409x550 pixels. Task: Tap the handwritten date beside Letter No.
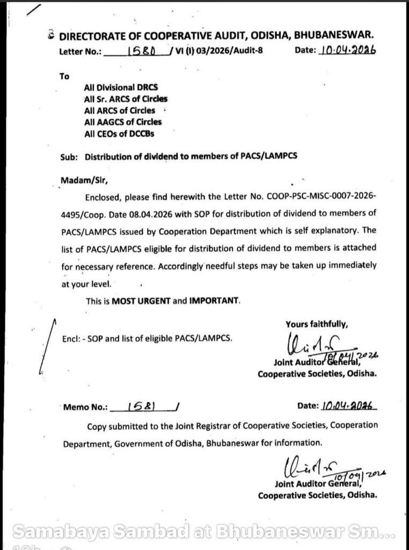click(x=347, y=50)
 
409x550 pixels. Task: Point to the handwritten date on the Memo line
click(x=348, y=406)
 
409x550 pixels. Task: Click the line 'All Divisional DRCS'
click(x=121, y=87)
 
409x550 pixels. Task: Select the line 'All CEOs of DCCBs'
click(x=119, y=134)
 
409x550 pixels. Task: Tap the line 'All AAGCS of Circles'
click(x=123, y=122)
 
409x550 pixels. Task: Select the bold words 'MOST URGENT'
click(x=141, y=301)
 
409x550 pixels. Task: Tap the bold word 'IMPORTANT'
click(x=213, y=301)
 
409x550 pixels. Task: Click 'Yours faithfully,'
click(x=317, y=323)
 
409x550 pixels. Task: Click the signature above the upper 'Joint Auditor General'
click(x=311, y=344)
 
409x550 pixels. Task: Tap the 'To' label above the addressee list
click(x=64, y=76)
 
